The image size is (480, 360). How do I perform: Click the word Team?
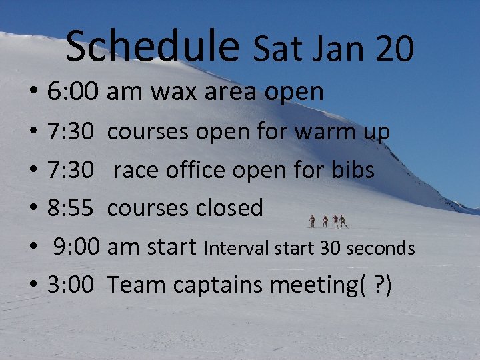(x=136, y=285)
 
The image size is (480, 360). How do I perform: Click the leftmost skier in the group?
(x=312, y=221)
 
